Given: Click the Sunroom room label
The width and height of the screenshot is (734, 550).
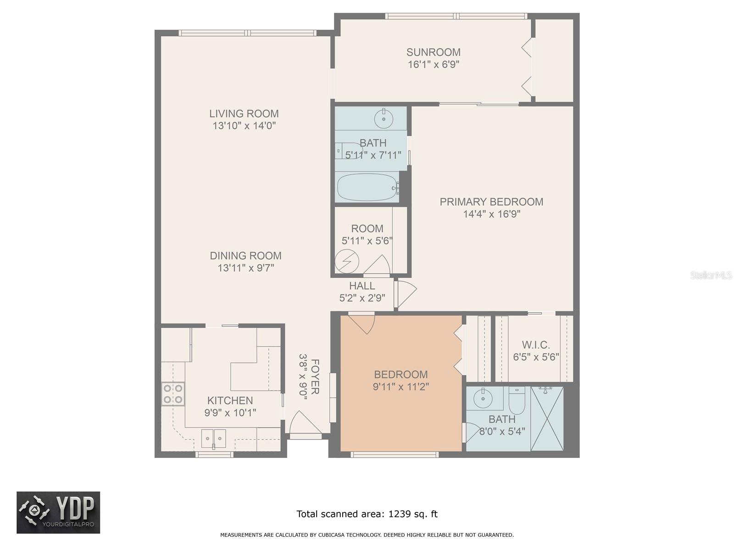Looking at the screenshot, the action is coord(434,52).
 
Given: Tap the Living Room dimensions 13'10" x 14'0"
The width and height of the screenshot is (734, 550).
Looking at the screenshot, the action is coord(244,126).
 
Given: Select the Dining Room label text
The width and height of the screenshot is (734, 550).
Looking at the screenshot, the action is coord(245,256).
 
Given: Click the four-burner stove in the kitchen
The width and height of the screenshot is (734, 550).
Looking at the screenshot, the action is coord(173,394).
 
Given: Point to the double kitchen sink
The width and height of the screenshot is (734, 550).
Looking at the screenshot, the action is coord(213,439).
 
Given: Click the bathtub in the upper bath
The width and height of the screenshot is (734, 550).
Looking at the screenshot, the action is coord(367,187).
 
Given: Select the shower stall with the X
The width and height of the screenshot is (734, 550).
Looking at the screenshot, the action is coord(547,419).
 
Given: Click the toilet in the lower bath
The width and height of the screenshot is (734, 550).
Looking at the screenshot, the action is coord(517,401).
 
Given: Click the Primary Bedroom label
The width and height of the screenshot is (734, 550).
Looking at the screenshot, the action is coord(491,202).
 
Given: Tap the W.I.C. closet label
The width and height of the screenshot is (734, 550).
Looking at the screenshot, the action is coord(536,345).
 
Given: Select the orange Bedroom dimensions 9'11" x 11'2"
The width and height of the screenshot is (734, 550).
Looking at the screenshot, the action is coord(400,387).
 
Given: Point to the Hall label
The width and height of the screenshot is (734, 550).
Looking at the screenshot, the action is coord(362,286).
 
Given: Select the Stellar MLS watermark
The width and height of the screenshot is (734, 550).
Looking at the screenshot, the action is coord(711,275).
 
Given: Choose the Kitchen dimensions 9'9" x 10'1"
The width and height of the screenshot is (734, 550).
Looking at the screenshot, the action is coord(230,413).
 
